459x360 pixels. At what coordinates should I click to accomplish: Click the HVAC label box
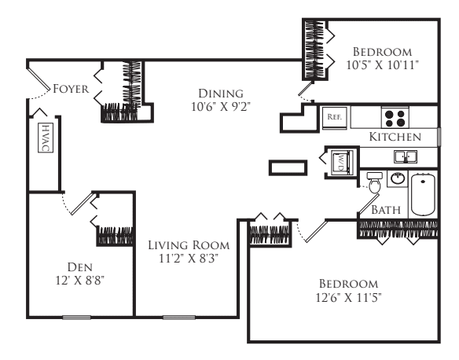pos(44,139)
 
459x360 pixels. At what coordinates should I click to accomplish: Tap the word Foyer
pos(68,90)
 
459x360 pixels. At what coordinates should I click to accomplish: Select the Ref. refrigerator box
pos(332,117)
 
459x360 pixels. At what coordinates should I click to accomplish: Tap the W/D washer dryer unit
pos(340,162)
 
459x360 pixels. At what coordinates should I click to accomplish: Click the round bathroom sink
pos(397,178)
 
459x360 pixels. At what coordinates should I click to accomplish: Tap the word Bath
pos(387,210)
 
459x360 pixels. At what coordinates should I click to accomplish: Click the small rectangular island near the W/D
pos(287,167)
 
